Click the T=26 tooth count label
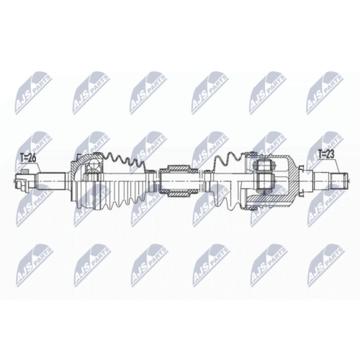tap(28, 158)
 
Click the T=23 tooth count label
tap(327, 154)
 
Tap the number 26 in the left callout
tap(32, 158)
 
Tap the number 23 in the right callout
tap(330, 154)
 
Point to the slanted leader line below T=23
tap(336, 166)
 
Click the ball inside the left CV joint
tap(94, 166)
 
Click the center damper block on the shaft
tap(178, 181)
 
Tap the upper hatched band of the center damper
tap(178, 167)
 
